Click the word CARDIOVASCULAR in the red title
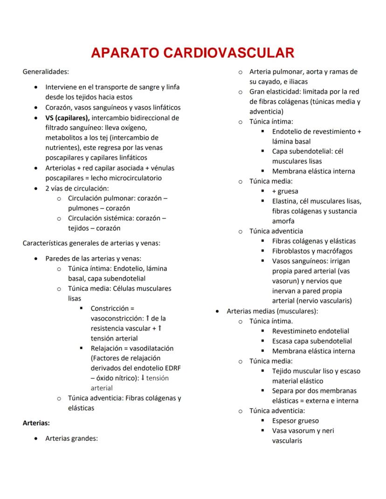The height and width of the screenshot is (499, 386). tap(229, 53)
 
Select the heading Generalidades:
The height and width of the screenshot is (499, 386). tap(46, 72)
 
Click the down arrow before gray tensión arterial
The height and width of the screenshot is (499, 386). tap(143, 378)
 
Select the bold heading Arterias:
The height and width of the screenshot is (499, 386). tap(36, 423)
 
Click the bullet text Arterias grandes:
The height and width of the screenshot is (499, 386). tap(71, 438)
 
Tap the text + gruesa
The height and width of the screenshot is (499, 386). tap(285, 191)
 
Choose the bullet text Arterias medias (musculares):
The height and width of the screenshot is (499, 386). tap(272, 311)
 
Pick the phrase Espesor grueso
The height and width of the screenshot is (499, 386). tap(296, 421)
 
